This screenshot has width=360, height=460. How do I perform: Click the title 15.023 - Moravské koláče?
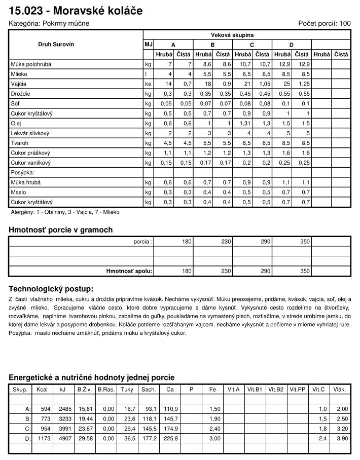pyautogui.click(x=76, y=11)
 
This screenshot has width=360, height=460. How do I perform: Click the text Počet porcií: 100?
pyautogui.click(x=324, y=23)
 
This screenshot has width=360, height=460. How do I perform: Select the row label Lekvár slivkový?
pyautogui.click(x=30, y=133)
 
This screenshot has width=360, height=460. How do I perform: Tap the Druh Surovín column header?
pyautogui.click(x=56, y=45)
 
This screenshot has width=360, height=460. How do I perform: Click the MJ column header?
pyautogui.click(x=149, y=45)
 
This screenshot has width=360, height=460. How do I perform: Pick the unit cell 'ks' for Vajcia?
pyautogui.click(x=148, y=84)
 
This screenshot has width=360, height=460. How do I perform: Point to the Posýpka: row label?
pyautogui.click(x=22, y=172)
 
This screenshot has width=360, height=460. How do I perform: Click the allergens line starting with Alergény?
pyautogui.click(x=65, y=212)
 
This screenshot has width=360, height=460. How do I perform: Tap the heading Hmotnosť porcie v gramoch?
pyautogui.click(x=60, y=230)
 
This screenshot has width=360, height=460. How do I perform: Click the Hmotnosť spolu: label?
pyautogui.click(x=129, y=271)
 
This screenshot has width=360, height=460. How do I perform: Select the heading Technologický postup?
pyautogui.click(x=51, y=289)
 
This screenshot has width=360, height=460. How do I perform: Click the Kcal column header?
pyautogui.click(x=42, y=389)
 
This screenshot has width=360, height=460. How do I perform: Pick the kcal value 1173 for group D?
pyautogui.click(x=45, y=438)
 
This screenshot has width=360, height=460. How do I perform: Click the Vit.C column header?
pyautogui.click(x=318, y=389)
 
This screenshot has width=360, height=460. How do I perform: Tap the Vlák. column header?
pyautogui.click(x=339, y=389)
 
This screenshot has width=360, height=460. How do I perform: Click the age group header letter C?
pyautogui.click(x=252, y=45)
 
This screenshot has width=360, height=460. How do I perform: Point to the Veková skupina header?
pyautogui.click(x=232, y=35)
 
